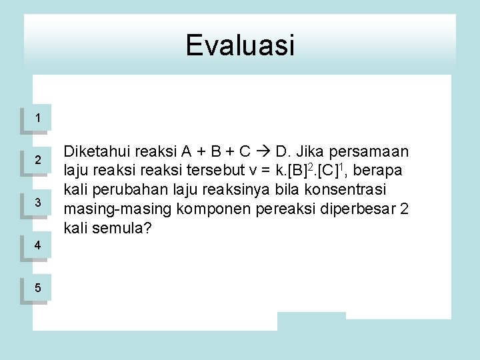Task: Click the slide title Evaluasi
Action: (239, 45)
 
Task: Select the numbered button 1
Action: (38, 118)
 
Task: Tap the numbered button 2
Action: (38, 161)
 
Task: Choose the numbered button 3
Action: (38, 203)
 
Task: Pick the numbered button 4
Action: (38, 245)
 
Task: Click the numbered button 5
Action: (38, 288)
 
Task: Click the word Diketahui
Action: (94, 151)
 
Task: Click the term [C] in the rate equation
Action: (329, 171)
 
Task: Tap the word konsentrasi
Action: (357, 190)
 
